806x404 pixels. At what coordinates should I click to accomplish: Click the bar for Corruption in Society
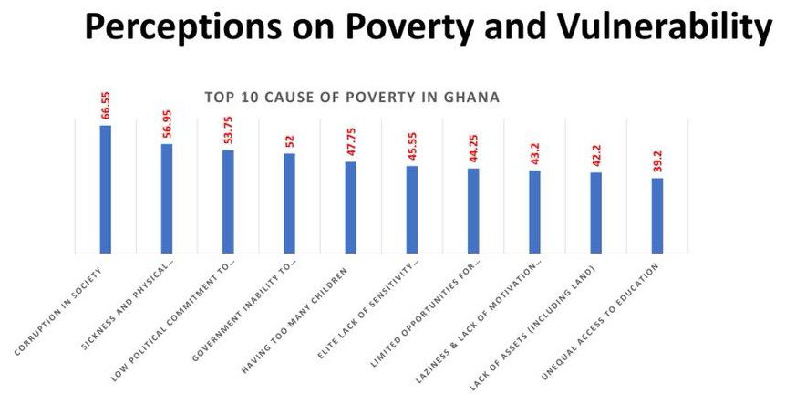(106, 190)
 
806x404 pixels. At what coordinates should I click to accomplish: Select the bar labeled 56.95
(167, 199)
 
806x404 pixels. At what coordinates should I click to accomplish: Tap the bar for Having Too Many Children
(351, 208)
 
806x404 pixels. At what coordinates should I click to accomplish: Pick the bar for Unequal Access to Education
(657, 216)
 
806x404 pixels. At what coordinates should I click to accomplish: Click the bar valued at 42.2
(596, 212)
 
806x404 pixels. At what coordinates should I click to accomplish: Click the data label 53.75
(229, 124)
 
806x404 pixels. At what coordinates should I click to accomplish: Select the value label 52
(290, 141)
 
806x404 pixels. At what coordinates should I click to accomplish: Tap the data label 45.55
(412, 140)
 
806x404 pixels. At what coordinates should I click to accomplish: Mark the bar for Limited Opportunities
(473, 212)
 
